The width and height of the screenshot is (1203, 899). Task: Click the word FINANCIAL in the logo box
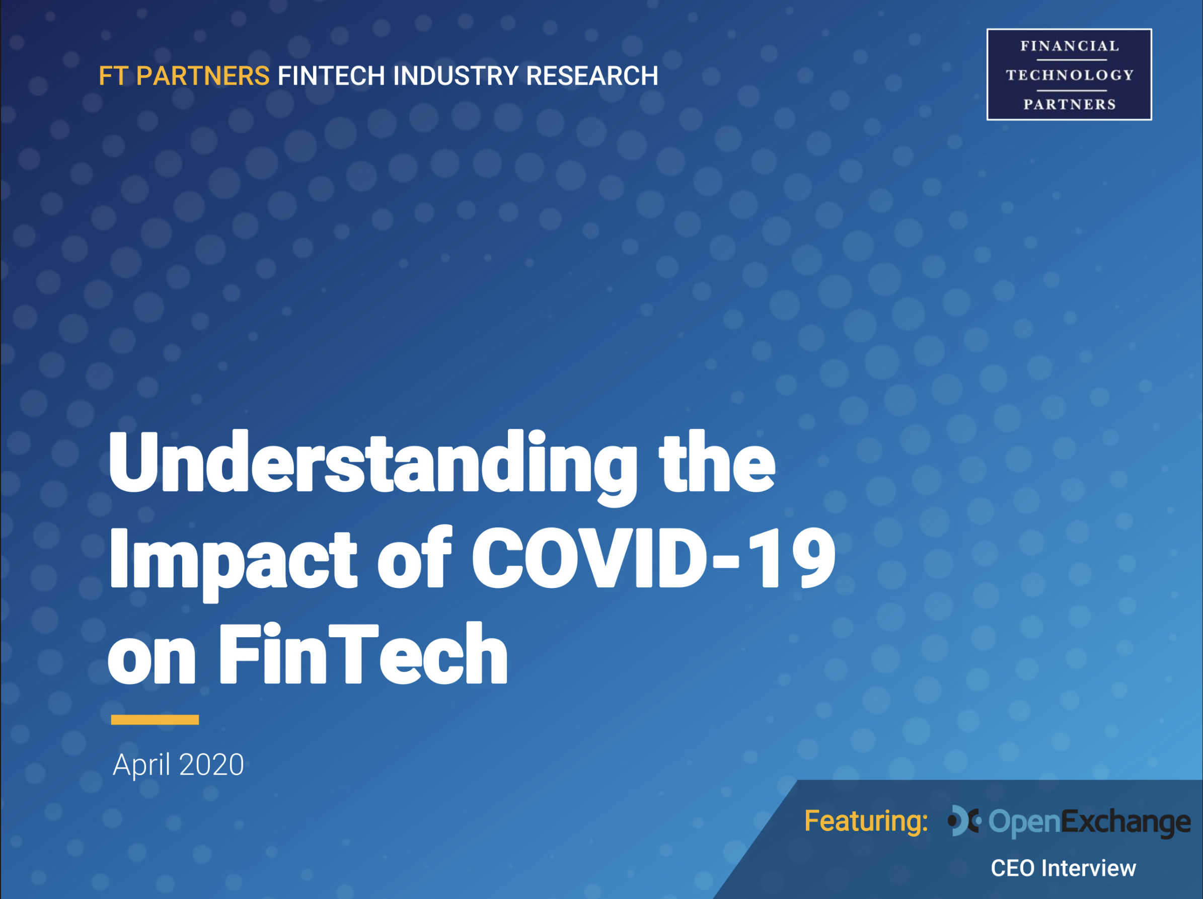pyautogui.click(x=1069, y=46)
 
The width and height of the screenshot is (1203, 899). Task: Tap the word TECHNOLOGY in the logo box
pyautogui.click(x=1069, y=75)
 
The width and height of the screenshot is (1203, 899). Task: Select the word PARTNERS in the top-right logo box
pyautogui.click(x=1069, y=104)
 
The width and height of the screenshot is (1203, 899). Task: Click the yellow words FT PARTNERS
pyautogui.click(x=184, y=76)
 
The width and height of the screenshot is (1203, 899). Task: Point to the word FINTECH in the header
pyautogui.click(x=331, y=76)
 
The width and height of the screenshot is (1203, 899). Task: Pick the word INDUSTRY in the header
pyautogui.click(x=455, y=76)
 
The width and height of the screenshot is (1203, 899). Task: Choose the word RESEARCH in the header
pyautogui.click(x=592, y=76)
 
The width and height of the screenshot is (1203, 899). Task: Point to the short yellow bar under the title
pyautogui.click(x=155, y=719)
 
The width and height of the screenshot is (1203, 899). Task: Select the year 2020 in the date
pyautogui.click(x=211, y=765)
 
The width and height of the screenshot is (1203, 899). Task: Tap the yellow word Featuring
pyautogui.click(x=866, y=821)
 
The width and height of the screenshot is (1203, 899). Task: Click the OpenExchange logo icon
pyautogui.click(x=964, y=820)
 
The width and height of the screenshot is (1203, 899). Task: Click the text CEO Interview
pyautogui.click(x=1063, y=868)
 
